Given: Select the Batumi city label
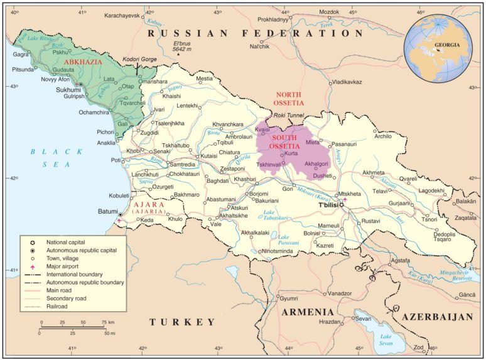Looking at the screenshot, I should point(107,212).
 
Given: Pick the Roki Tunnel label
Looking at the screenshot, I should point(289,116).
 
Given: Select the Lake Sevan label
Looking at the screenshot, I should point(385,339).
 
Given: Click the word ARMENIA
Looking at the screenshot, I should point(308,312).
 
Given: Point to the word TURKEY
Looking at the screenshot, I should point(182,322).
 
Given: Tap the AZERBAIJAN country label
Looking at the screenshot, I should point(437,317).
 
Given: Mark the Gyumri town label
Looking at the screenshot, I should point(289,298).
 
